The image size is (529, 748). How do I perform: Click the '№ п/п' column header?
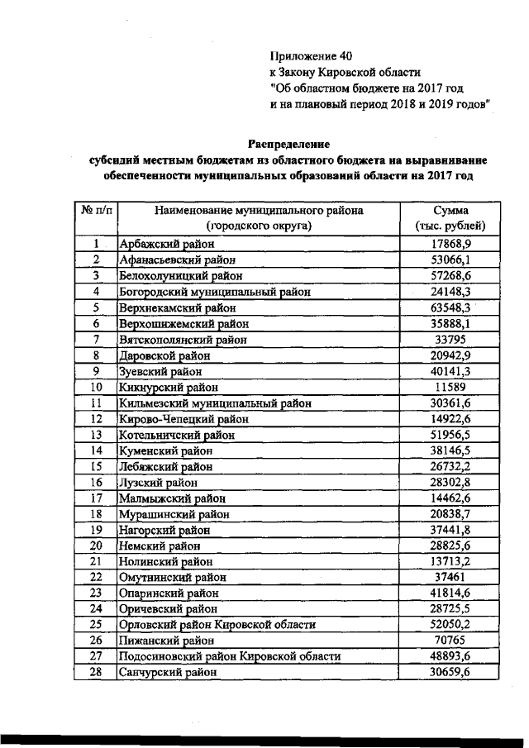(x=96, y=211)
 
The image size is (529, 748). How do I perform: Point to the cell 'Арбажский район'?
(x=166, y=244)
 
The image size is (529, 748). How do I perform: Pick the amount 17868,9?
(x=450, y=244)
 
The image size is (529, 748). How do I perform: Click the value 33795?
(x=450, y=340)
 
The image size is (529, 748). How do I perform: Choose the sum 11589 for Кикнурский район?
(x=450, y=387)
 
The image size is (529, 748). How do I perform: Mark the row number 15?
(x=96, y=466)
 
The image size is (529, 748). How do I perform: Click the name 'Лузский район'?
(x=159, y=483)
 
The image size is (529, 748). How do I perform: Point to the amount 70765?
(x=450, y=640)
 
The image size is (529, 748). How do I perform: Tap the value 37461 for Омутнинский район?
(x=450, y=577)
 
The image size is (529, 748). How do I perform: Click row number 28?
(x=96, y=673)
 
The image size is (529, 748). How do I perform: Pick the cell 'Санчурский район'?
(x=169, y=673)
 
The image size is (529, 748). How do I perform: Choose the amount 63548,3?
(x=450, y=307)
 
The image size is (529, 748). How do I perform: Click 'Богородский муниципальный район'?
(x=205, y=292)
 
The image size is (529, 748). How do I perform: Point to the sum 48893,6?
(x=450, y=656)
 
